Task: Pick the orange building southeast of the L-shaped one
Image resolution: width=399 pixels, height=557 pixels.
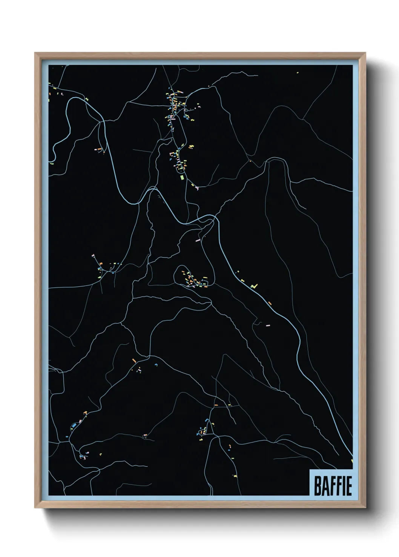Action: pyautogui.click(x=270, y=302)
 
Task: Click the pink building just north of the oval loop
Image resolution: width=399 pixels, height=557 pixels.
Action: pyautogui.click(x=198, y=239)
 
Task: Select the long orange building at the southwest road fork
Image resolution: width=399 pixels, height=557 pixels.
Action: pyautogui.click(x=134, y=361)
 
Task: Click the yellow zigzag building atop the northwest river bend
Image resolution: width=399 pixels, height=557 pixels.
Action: pyautogui.click(x=87, y=99)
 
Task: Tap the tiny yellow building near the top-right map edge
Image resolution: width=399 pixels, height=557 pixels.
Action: pyautogui.click(x=297, y=72)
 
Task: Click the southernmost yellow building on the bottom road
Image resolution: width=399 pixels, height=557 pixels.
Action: pyautogui.click(x=235, y=476)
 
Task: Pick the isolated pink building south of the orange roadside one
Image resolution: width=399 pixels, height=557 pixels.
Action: pyautogui.click(x=268, y=324)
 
